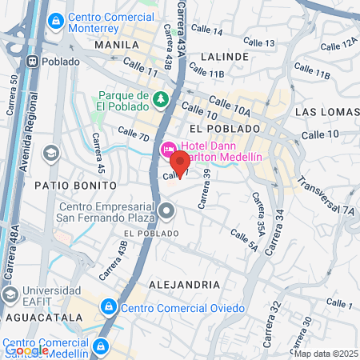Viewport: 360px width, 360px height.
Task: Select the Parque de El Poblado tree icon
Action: [x=161, y=98]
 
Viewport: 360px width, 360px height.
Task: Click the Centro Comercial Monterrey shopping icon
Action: [x=55, y=22]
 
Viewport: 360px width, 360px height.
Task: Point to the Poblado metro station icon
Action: [x=33, y=62]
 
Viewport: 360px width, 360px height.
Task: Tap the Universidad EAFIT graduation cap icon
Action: [x=10, y=296]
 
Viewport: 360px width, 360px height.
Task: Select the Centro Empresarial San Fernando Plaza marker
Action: [x=166, y=211]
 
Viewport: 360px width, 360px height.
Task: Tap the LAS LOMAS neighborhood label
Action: [x=324, y=111]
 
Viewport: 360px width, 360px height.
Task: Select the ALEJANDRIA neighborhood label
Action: [x=184, y=284]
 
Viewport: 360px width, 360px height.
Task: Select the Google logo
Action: [x=27, y=349]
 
